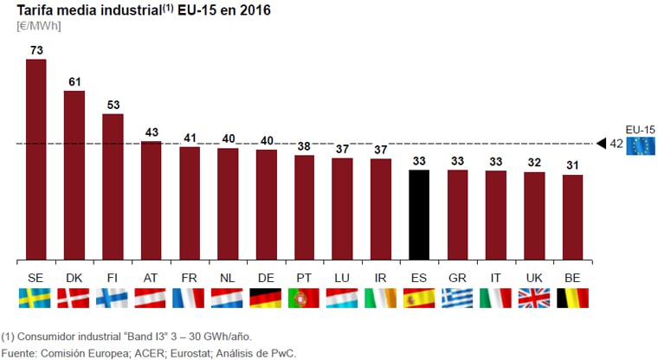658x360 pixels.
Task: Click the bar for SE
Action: click(36, 159)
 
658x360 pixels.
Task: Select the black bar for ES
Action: click(419, 215)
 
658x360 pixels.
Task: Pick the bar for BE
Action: click(572, 217)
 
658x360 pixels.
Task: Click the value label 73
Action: click(36, 51)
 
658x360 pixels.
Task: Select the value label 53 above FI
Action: click(113, 106)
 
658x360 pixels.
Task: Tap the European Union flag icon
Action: click(642, 145)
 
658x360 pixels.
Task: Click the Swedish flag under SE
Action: click(36, 298)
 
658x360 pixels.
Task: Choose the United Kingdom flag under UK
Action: click(534, 298)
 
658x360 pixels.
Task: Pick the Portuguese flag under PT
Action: click(304, 298)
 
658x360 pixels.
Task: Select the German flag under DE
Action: click(266, 298)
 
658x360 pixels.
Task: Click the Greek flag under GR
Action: click(457, 298)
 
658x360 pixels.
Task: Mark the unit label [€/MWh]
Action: click(39, 26)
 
